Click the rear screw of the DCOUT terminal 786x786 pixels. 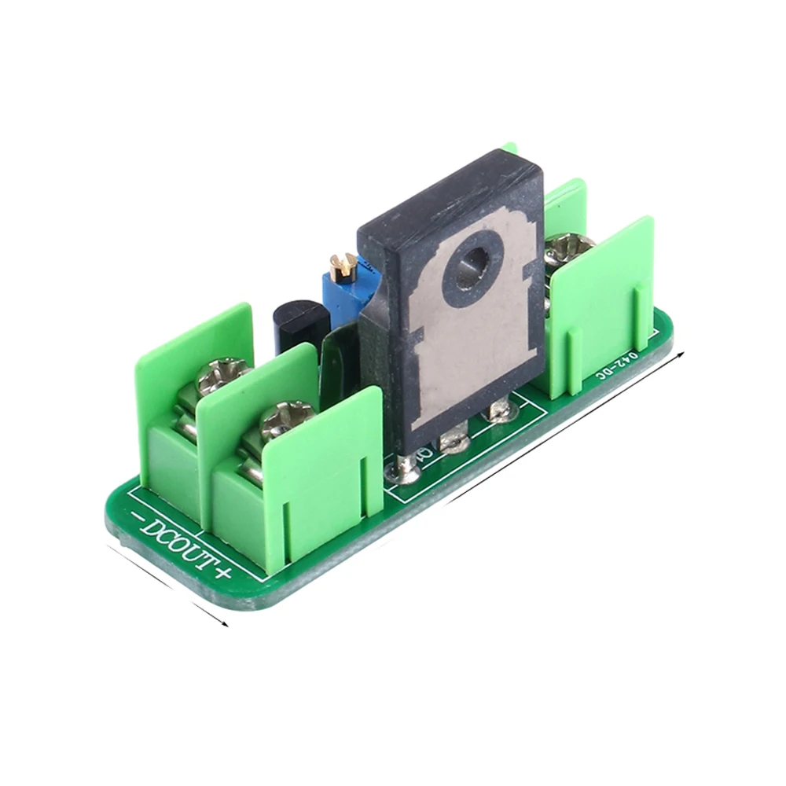[x=223, y=376]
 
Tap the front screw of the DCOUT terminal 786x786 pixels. [x=287, y=419]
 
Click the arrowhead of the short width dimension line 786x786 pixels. [x=226, y=625]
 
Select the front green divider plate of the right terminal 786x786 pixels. [x=601, y=306]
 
